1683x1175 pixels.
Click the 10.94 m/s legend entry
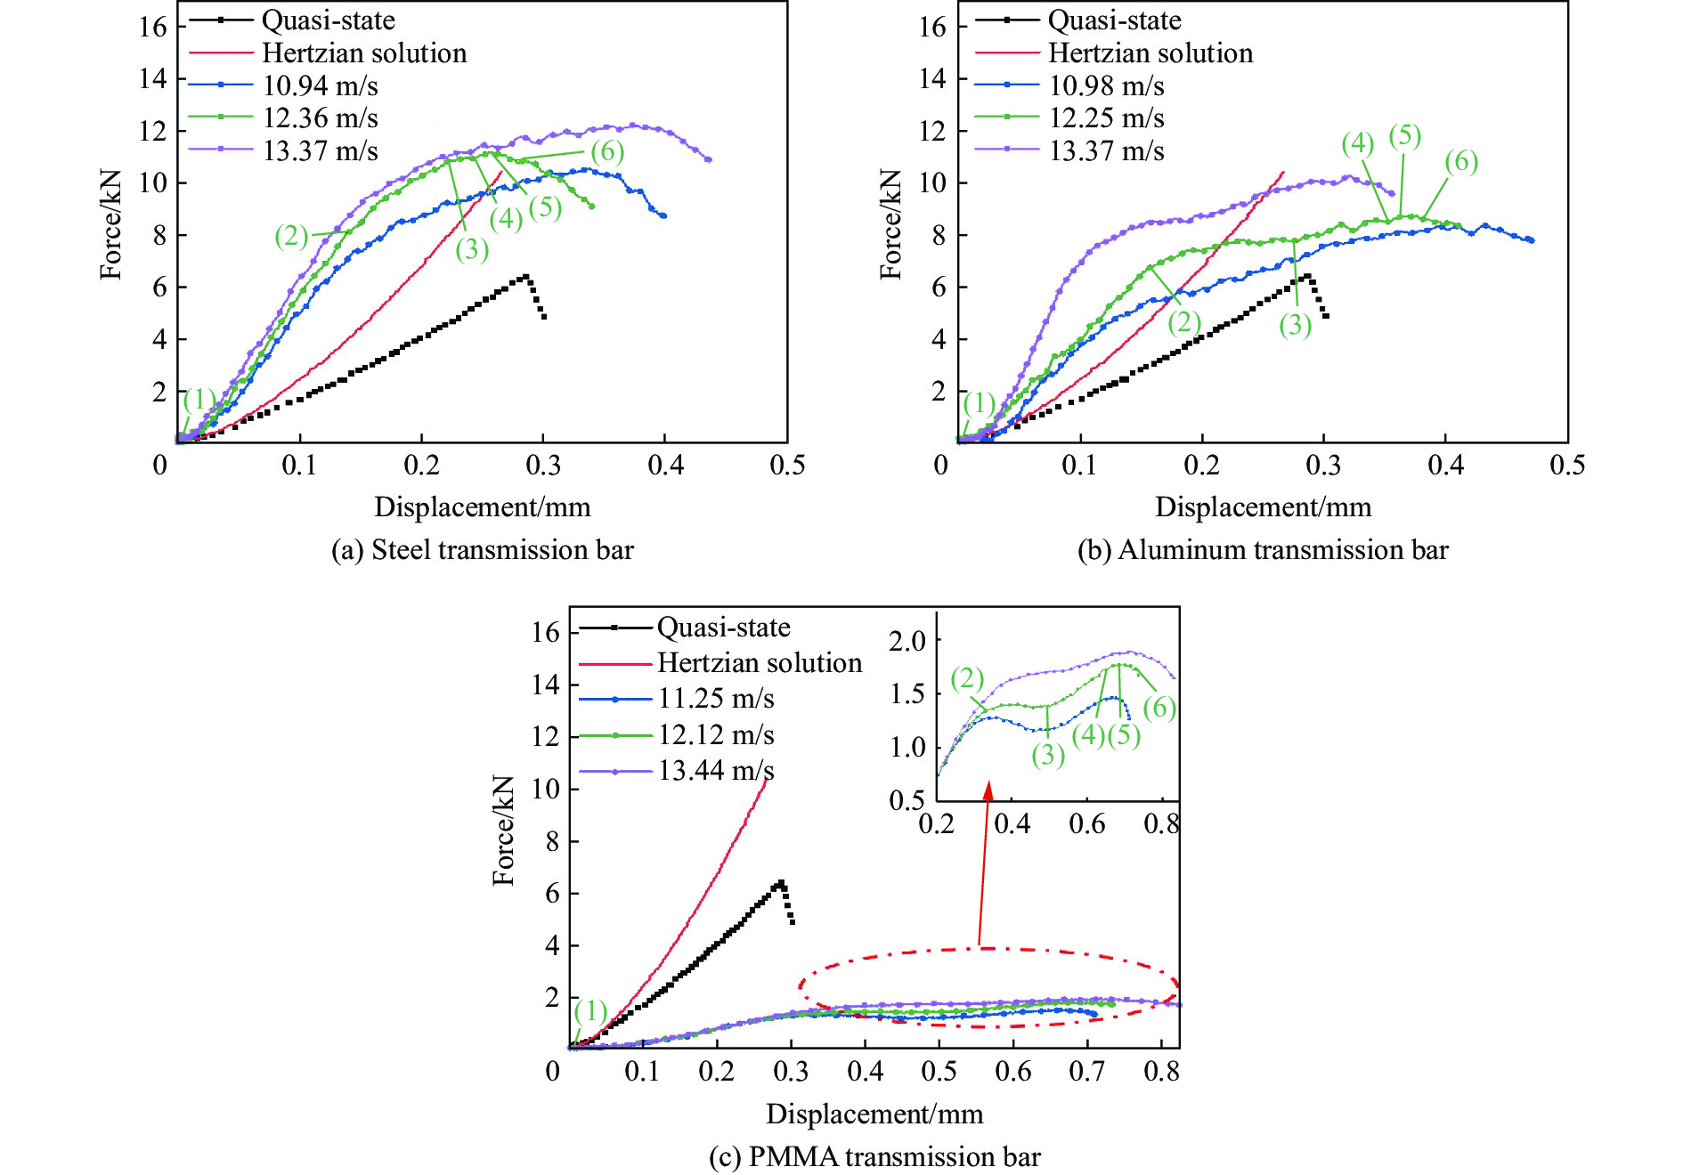coord(320,86)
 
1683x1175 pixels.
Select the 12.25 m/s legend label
coord(1106,118)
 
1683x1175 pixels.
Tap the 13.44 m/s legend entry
coord(716,771)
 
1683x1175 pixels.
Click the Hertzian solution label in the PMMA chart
coord(760,663)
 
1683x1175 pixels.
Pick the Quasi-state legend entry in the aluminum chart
coord(1114,20)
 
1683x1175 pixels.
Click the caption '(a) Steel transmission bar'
coord(482,550)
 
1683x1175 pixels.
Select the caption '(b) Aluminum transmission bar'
coord(1263,550)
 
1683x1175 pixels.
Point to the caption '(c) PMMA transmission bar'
coord(874,1156)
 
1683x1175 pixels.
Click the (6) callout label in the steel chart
coord(607,151)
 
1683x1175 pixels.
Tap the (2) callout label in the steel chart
coord(291,236)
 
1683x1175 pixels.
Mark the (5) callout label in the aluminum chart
coord(1405,135)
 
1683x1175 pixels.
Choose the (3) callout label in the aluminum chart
coord(1296,326)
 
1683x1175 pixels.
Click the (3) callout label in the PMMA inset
coord(1048,755)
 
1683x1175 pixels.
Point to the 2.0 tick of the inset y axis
coord(907,640)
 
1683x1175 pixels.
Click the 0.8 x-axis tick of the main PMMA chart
coord(1161,1071)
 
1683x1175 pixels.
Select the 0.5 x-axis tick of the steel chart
coord(787,465)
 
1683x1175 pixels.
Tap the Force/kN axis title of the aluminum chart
coord(891,224)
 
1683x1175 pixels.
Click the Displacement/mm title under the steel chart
coord(482,507)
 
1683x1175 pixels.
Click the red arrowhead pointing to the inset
coord(988,790)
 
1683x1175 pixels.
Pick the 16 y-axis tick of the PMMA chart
coord(545,633)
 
